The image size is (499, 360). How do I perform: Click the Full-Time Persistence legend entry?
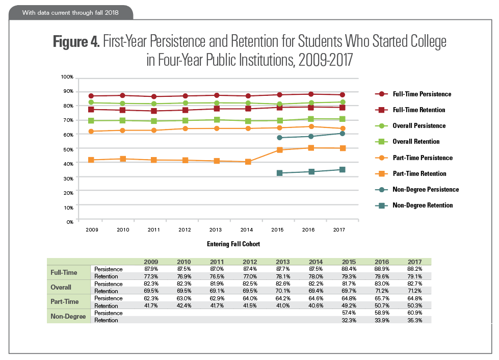coord(422,94)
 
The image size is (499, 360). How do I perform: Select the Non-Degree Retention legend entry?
coord(423,205)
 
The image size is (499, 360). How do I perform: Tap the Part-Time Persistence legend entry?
coord(423,158)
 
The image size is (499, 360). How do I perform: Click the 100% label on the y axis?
coord(67,77)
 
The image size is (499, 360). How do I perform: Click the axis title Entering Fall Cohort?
coord(233,244)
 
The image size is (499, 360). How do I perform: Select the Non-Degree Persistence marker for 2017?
coord(343,134)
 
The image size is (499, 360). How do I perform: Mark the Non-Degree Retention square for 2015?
coord(279,173)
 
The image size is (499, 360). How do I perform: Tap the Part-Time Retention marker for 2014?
coord(248,162)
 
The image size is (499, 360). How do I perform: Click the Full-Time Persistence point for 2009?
coord(91,96)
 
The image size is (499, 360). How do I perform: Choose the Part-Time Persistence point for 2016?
coord(311,126)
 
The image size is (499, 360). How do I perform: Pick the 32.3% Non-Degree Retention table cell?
coord(350,320)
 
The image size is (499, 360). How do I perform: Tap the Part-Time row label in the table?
coord(64,302)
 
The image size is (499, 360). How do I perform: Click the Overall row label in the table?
coord(61,287)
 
